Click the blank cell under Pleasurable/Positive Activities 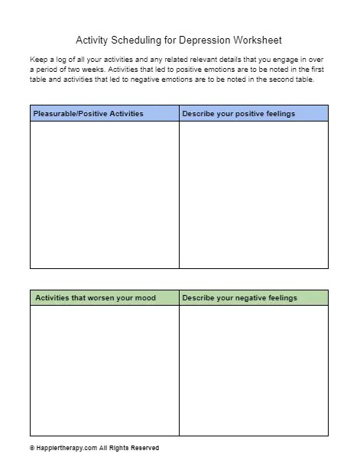click(104, 195)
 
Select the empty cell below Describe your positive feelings click(253, 195)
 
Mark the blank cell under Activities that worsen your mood click(104, 371)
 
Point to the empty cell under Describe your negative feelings click(253, 371)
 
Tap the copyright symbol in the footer click(32, 448)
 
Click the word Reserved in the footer click(144, 448)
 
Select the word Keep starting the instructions click(37, 58)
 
